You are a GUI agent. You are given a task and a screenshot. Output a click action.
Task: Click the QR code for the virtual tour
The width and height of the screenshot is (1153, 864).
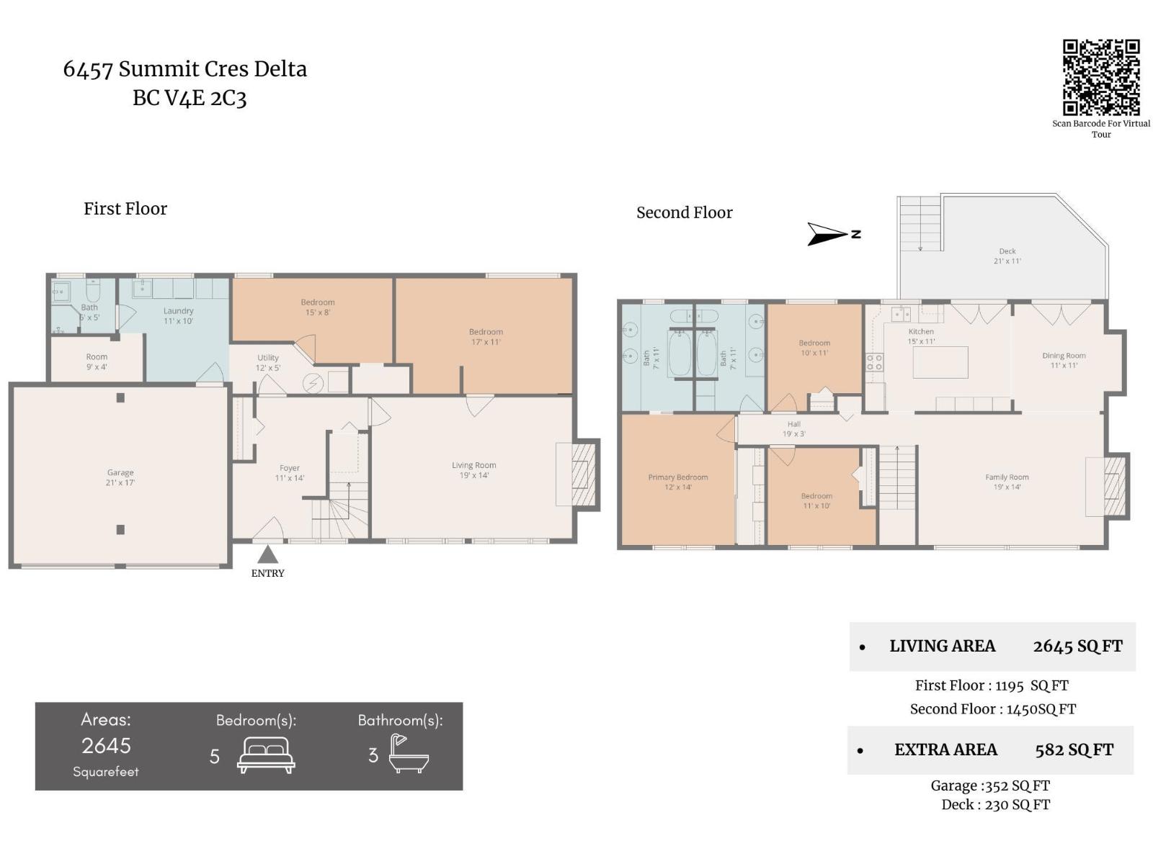[x=1100, y=77]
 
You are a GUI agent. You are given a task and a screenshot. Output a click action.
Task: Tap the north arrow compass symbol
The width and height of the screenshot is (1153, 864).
[x=829, y=234]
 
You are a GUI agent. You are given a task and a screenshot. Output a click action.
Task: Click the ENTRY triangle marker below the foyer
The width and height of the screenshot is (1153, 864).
[x=267, y=554]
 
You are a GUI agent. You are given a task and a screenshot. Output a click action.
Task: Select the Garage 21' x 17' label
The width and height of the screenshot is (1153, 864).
[x=120, y=477]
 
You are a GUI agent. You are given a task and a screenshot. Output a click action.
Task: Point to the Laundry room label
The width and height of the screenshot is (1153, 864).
[x=178, y=315]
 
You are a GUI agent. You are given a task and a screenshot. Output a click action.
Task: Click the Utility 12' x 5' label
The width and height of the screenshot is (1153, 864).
[x=268, y=362]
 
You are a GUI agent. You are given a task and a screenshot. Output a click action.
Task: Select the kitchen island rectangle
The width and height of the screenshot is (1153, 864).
[x=940, y=362]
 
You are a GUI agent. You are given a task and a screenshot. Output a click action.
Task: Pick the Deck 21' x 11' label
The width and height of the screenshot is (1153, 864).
[x=1007, y=256]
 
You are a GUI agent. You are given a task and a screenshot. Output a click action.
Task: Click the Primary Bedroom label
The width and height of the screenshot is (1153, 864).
[x=677, y=482]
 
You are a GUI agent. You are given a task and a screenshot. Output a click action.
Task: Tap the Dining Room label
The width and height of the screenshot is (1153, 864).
[x=1064, y=360]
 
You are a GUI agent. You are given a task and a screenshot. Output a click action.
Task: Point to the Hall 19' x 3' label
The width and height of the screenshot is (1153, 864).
[x=793, y=429]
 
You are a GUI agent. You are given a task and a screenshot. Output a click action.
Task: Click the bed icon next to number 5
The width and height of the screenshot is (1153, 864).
[x=266, y=755]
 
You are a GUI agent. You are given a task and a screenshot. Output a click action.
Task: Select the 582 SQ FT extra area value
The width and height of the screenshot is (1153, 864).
[x=1074, y=750]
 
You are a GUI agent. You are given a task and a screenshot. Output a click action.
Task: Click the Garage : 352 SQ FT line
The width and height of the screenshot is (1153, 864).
[x=989, y=786]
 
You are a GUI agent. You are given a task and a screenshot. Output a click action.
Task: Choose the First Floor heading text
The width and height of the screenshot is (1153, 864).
[x=125, y=209]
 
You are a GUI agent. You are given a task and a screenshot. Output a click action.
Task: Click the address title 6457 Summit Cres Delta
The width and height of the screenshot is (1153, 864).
[x=184, y=69]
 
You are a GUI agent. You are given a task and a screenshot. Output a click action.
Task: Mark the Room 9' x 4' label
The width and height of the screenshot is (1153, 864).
[x=97, y=361]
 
